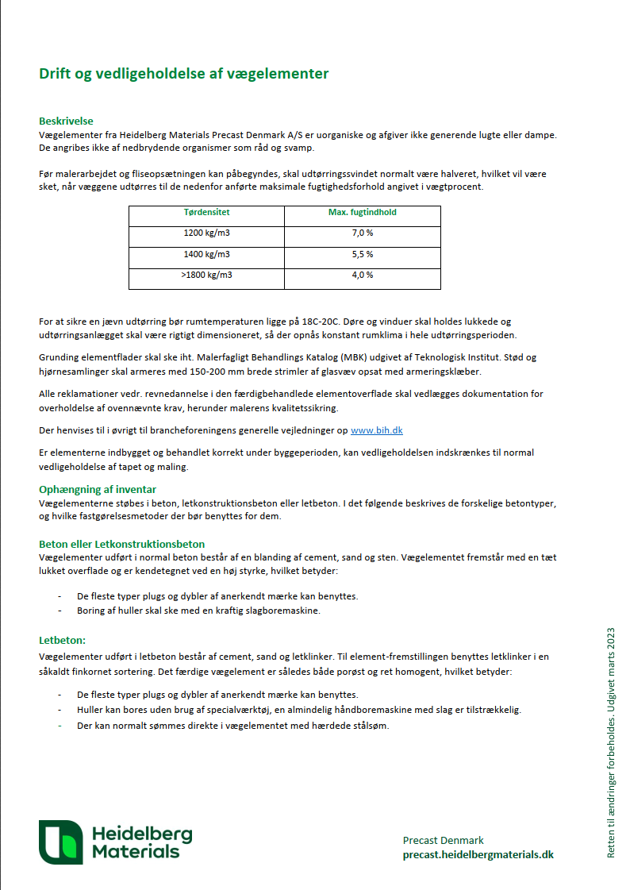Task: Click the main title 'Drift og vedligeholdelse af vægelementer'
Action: (x=183, y=74)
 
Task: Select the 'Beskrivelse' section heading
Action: (x=66, y=121)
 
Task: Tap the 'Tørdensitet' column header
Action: (x=206, y=213)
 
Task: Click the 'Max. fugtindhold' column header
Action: (x=362, y=213)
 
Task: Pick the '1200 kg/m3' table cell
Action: (x=206, y=233)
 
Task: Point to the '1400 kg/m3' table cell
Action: (x=206, y=254)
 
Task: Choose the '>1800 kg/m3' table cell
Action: (x=206, y=275)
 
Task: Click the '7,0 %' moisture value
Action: (x=362, y=233)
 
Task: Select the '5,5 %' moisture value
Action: (x=362, y=254)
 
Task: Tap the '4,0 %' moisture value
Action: (x=362, y=275)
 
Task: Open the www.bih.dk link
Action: (x=377, y=430)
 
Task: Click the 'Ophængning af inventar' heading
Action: (x=98, y=489)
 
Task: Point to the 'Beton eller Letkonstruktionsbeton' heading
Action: (x=121, y=544)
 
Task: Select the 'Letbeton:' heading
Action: (x=62, y=639)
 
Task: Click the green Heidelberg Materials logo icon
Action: (x=60, y=842)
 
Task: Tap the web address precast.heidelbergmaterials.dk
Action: (x=478, y=854)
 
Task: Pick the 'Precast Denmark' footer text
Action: (x=443, y=840)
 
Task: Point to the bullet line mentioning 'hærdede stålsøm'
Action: (x=232, y=725)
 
